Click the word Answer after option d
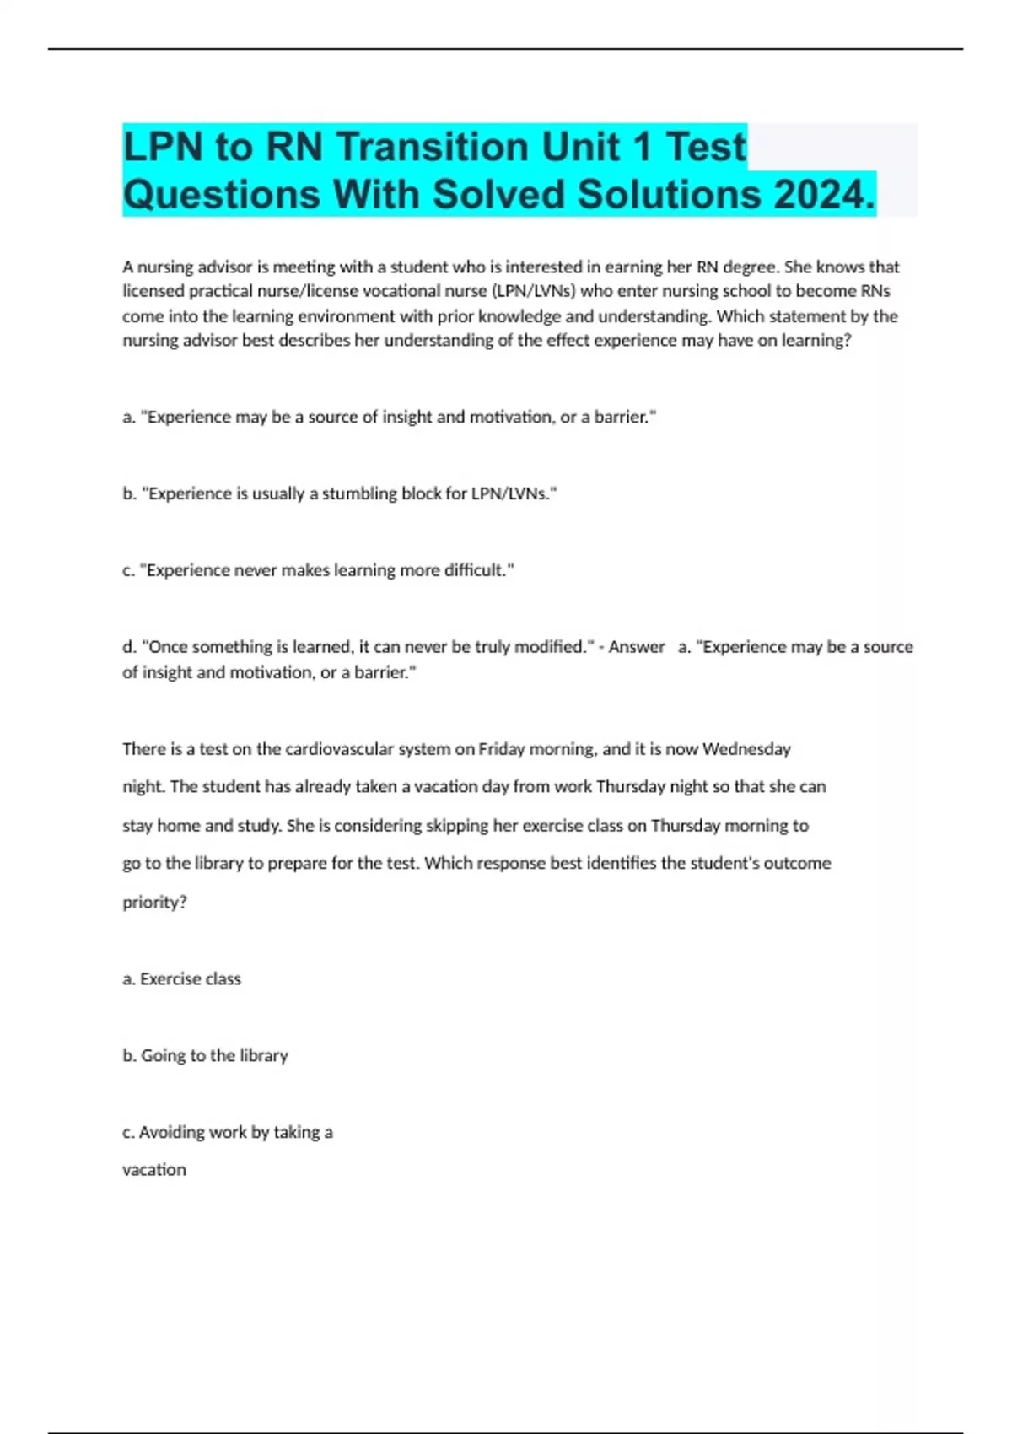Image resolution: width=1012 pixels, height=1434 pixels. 637,647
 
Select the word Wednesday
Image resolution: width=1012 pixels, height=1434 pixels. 746,749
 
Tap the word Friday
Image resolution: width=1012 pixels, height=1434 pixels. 501,749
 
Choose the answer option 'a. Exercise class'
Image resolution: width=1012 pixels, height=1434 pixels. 181,979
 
